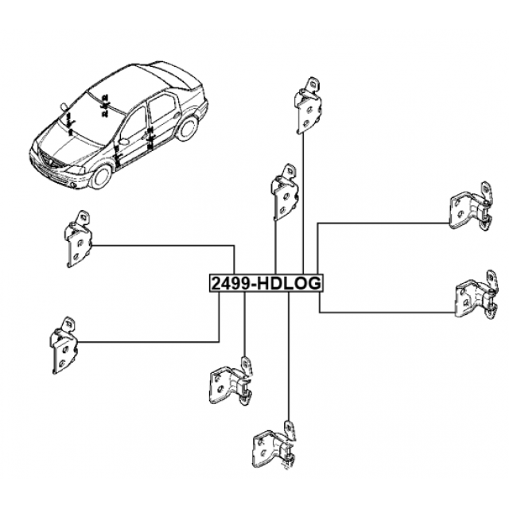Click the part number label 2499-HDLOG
[x=266, y=283]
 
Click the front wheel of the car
[x=102, y=176]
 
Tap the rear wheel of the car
[x=188, y=127]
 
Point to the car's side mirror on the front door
[x=124, y=142]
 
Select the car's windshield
[x=91, y=119]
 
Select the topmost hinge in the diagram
[x=308, y=106]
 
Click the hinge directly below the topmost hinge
[x=285, y=192]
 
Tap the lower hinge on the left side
[x=64, y=345]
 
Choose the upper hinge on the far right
[x=471, y=207]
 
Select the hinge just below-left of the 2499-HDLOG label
[x=231, y=381]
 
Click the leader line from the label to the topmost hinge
[x=303, y=204]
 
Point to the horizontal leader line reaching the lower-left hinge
[x=148, y=342]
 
